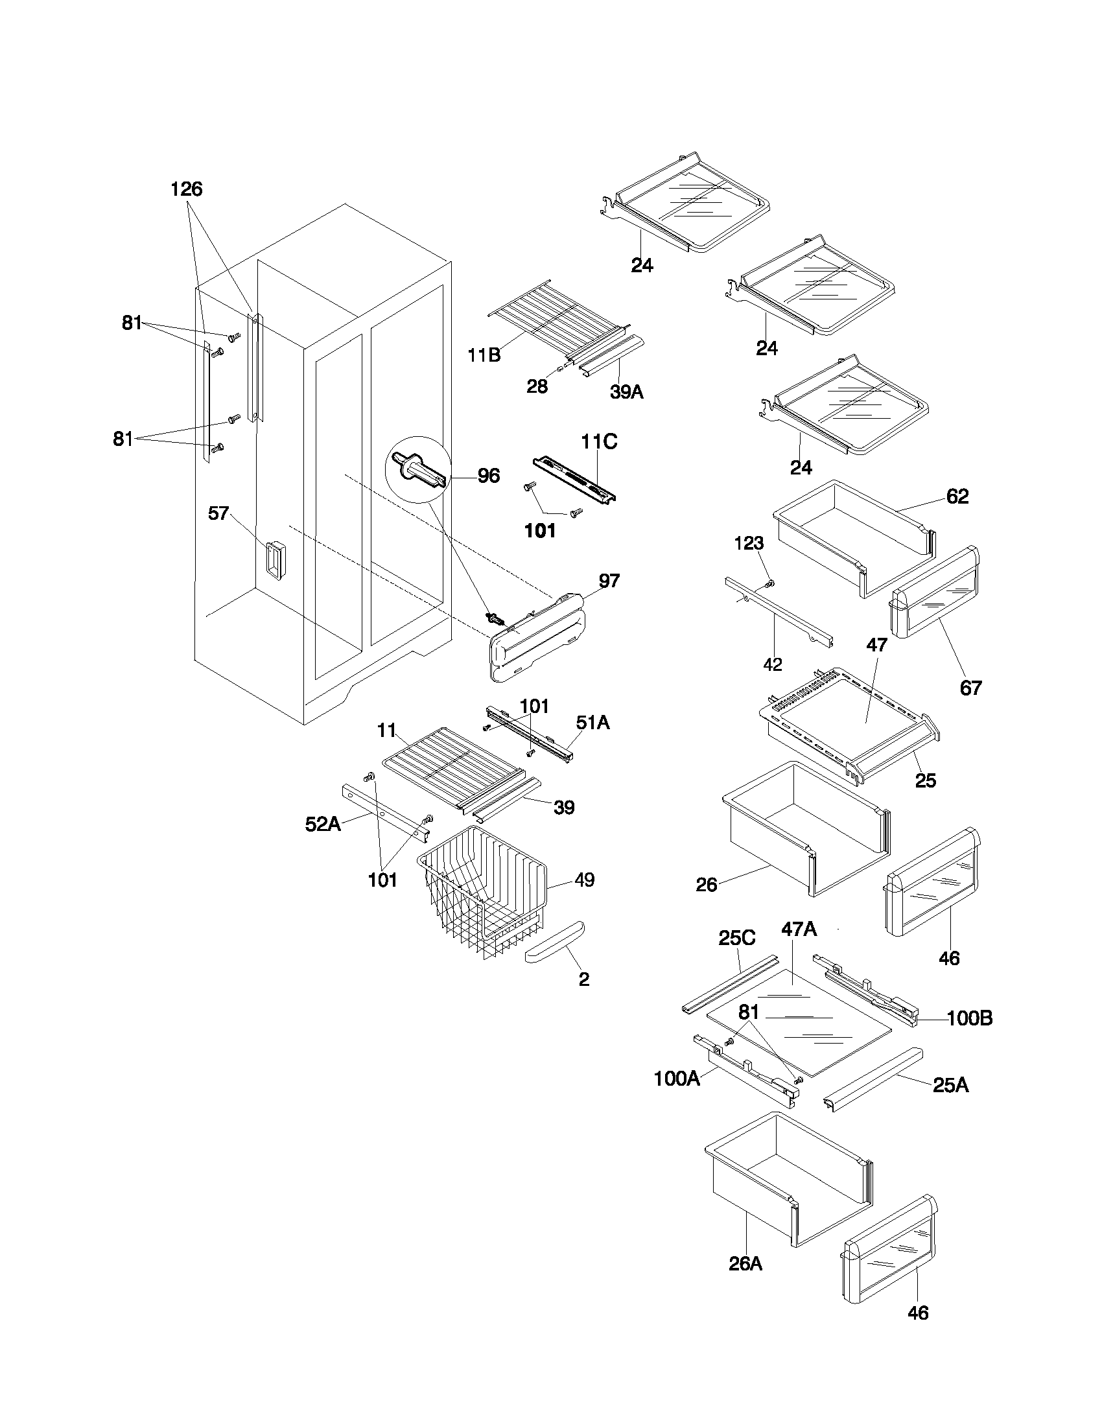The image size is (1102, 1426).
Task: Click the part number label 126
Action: tap(187, 189)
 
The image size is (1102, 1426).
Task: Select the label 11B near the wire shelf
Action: tap(484, 355)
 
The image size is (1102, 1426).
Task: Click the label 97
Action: tap(609, 581)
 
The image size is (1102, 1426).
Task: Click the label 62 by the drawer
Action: tap(957, 497)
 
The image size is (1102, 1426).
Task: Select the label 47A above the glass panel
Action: tap(799, 928)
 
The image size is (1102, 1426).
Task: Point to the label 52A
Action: tap(323, 824)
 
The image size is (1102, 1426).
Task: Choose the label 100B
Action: tap(970, 1018)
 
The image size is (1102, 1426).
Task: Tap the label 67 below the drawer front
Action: tap(970, 688)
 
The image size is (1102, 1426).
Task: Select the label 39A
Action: tap(627, 392)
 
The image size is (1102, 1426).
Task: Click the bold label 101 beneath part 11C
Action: tap(540, 531)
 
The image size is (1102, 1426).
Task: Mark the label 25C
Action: tap(736, 939)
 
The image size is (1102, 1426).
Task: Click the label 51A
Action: tap(592, 722)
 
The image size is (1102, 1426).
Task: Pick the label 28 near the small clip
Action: tap(537, 386)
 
